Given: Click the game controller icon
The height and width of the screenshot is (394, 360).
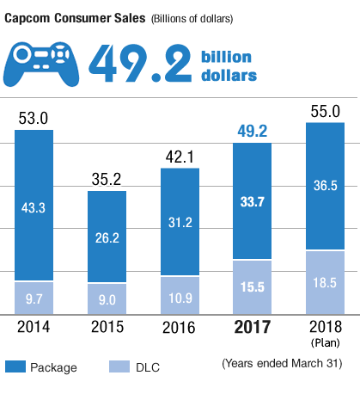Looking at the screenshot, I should [x=44, y=63].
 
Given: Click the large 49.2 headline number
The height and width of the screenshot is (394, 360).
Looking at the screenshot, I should [x=139, y=64].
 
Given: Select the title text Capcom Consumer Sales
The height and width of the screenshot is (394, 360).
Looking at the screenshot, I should [x=75, y=16].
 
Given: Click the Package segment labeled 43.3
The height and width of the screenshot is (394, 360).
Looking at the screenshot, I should [x=34, y=206].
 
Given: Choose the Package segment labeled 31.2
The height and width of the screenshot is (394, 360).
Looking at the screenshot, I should [x=180, y=222].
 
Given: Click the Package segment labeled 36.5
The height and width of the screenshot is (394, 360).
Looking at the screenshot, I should [x=326, y=186].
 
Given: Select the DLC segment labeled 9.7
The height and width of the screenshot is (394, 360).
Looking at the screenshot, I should [x=34, y=297].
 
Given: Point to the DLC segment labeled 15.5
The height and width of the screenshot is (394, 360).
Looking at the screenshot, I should [x=253, y=286].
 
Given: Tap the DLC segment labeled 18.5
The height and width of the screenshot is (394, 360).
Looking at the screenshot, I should [x=326, y=281].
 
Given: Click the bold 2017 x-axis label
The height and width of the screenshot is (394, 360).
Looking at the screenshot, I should [x=253, y=328].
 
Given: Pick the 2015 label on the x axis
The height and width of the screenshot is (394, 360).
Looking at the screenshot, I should [x=107, y=328].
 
